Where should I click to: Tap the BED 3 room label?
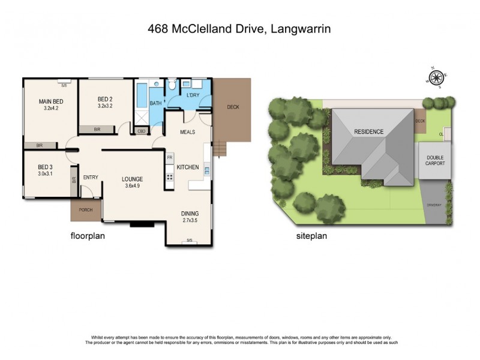(46, 167)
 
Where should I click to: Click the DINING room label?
(190, 214)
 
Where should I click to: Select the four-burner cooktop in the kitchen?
(170, 177)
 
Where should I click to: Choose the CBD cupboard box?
(142, 130)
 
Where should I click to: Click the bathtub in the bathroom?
(141, 95)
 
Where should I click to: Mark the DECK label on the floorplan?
(233, 107)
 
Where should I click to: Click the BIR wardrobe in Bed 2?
(97, 129)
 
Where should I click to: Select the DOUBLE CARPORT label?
(436, 160)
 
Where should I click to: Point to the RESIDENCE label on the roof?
(368, 131)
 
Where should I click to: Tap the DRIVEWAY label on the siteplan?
(434, 205)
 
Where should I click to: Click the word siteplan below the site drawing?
(311, 236)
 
